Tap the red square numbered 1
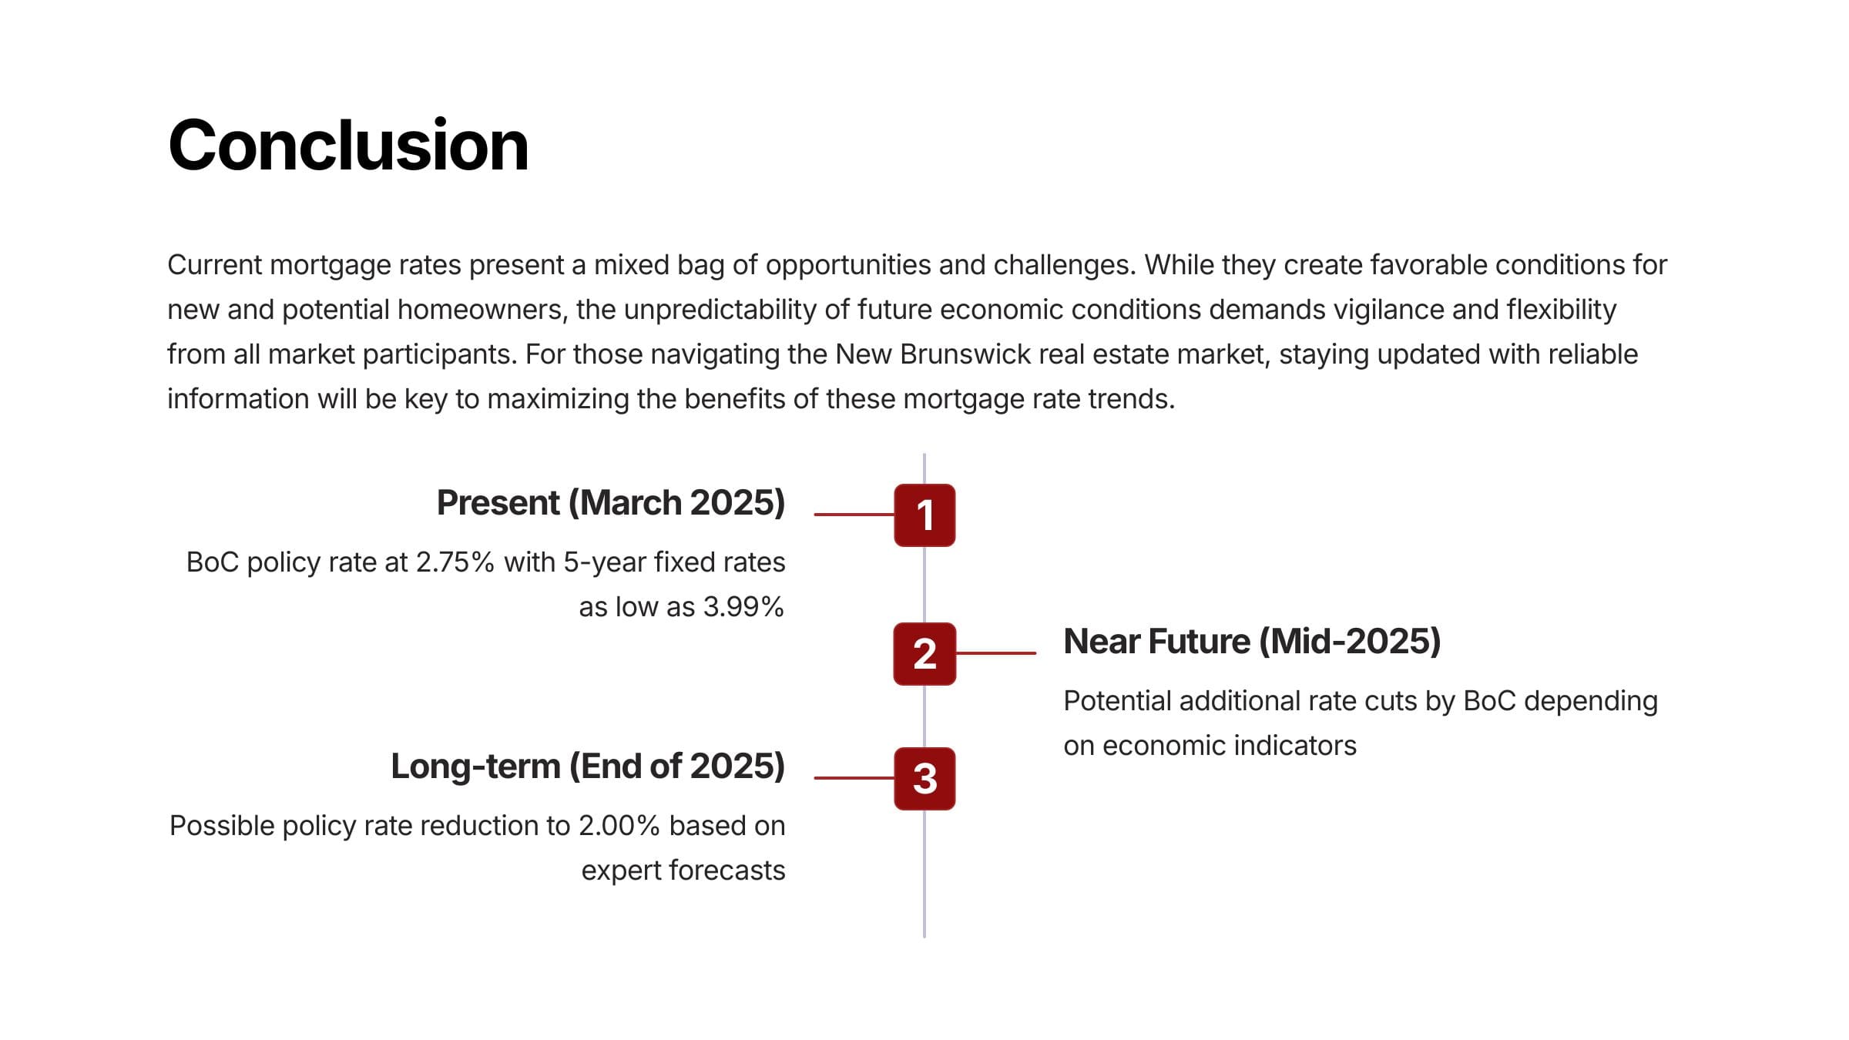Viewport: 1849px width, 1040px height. click(924, 515)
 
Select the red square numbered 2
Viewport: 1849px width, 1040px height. click(924, 653)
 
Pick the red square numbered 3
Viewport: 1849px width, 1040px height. click(924, 778)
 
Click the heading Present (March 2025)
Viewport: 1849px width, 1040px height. click(611, 503)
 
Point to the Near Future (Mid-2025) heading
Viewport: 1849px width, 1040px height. click(1252, 642)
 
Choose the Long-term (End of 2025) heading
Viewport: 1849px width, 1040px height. click(588, 767)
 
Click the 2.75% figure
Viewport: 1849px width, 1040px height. click(455, 562)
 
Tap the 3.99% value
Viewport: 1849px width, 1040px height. click(743, 607)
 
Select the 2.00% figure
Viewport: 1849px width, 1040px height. click(619, 826)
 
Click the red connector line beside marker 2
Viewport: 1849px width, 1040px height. click(996, 653)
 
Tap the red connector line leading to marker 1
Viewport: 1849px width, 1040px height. click(854, 515)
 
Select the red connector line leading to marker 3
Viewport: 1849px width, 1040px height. click(854, 778)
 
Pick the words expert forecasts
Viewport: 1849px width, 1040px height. click(683, 871)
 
